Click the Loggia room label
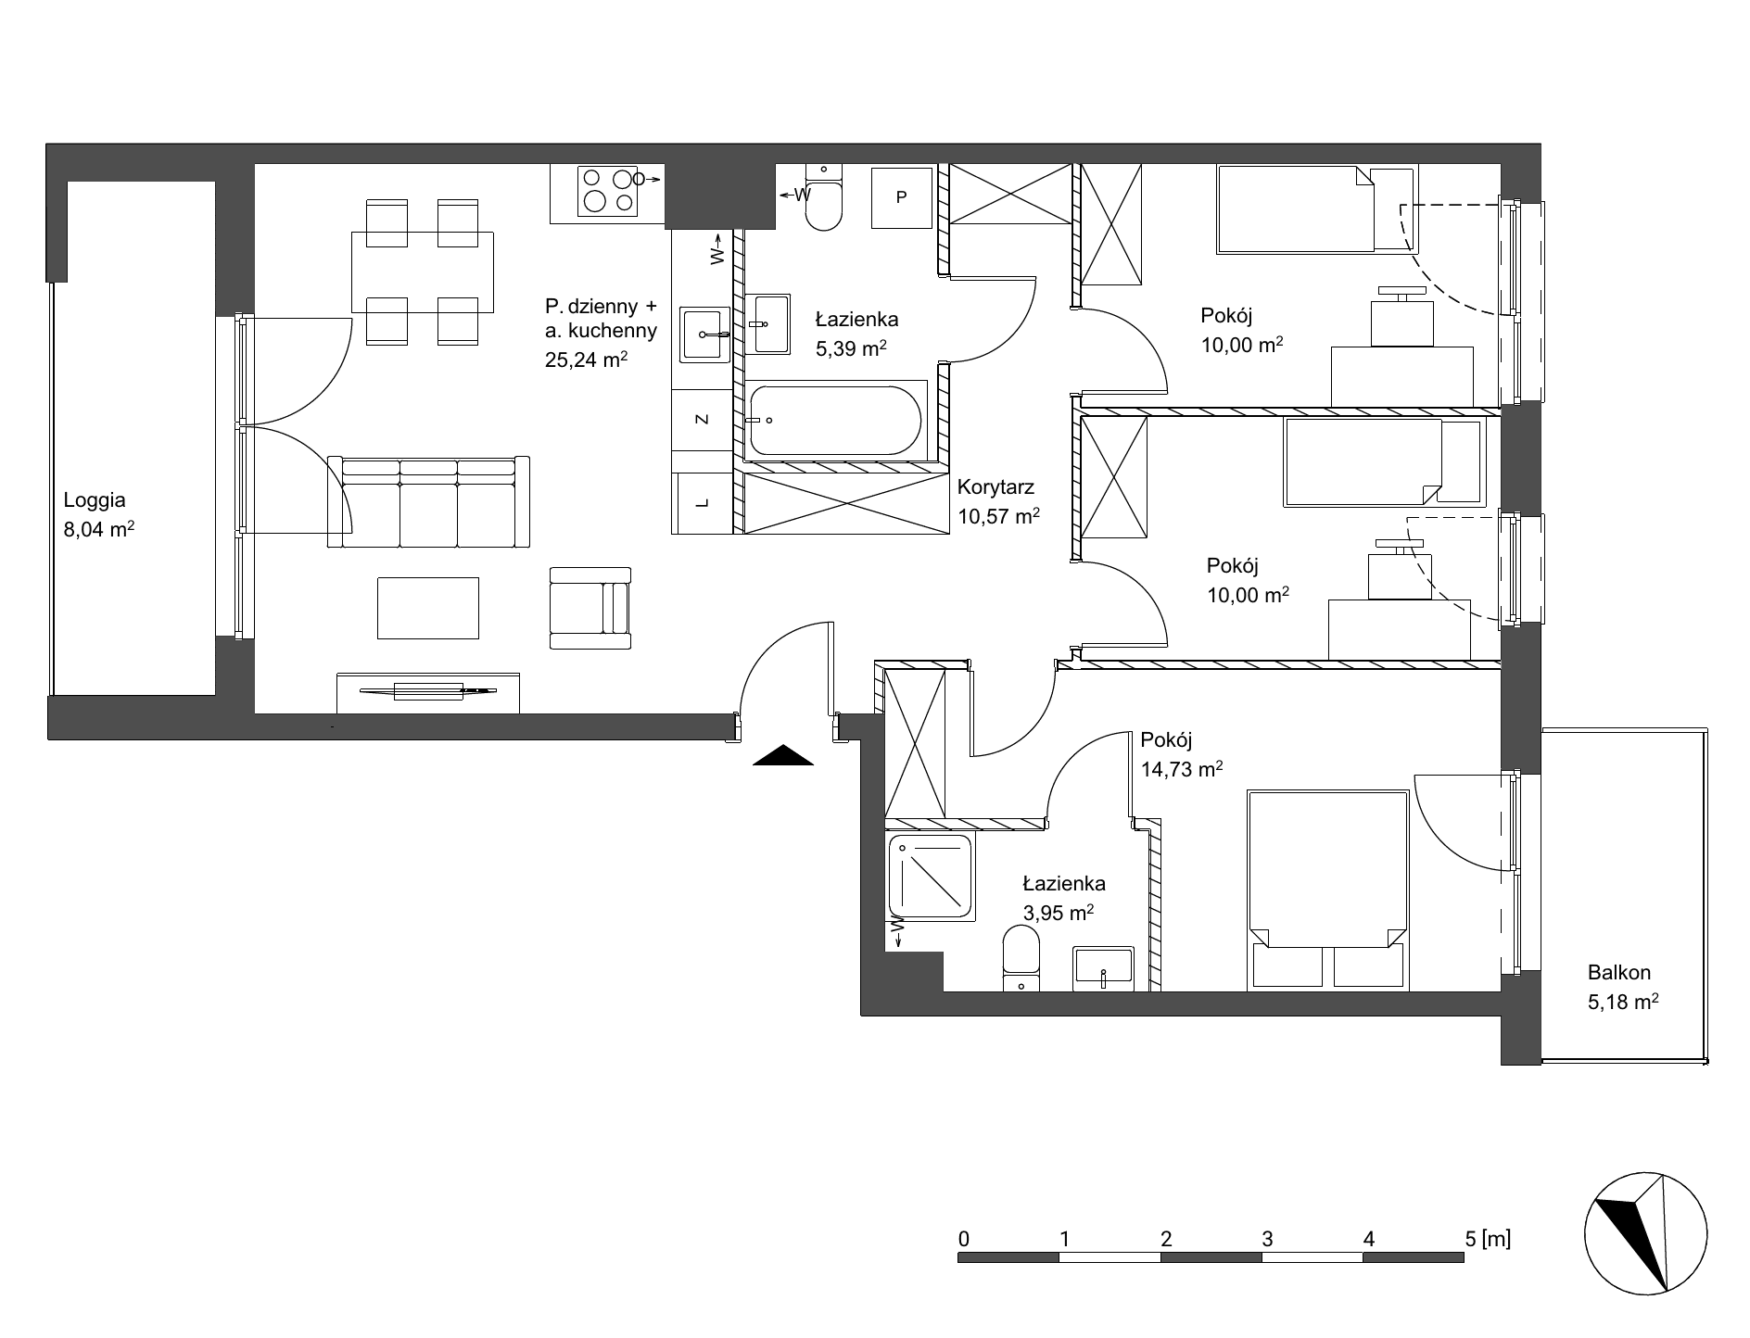pyautogui.click(x=95, y=500)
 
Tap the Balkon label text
pyautogui.click(x=1619, y=973)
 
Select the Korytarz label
pyautogui.click(x=996, y=486)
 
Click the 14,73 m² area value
pyautogui.click(x=1182, y=768)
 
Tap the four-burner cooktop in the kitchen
pyautogui.click(x=608, y=191)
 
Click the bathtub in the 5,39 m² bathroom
pyautogui.click(x=836, y=421)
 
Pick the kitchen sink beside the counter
pyautogui.click(x=704, y=334)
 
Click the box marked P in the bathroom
pyautogui.click(x=901, y=196)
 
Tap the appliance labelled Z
pyautogui.click(x=703, y=420)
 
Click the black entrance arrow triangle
pyautogui.click(x=783, y=756)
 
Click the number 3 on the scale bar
pyautogui.click(x=1267, y=1238)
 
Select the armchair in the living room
pyautogui.click(x=590, y=608)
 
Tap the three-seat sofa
pyautogui.click(x=428, y=501)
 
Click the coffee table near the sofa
pyautogui.click(x=428, y=608)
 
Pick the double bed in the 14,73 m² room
pyautogui.click(x=1328, y=889)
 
